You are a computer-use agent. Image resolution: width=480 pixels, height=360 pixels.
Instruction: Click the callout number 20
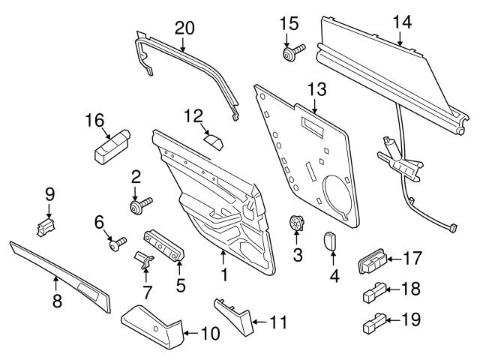[184, 28]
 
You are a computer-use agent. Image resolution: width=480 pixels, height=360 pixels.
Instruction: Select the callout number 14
[402, 22]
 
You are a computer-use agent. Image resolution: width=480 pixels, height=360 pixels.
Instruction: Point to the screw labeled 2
[139, 204]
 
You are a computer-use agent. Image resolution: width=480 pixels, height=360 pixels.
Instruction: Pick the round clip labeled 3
[298, 223]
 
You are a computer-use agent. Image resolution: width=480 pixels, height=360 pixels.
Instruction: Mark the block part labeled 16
[111, 145]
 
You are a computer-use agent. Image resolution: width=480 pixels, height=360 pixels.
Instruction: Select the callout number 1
[223, 275]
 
